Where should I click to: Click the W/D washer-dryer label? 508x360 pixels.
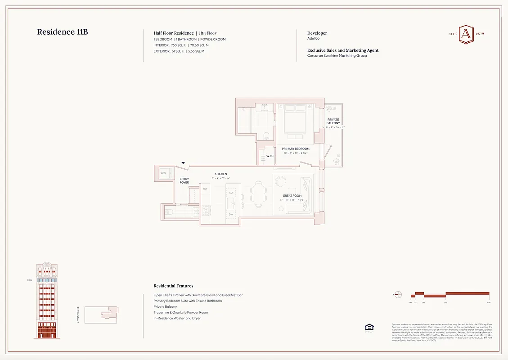tap(163, 173)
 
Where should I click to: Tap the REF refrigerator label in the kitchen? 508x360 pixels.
tap(205, 189)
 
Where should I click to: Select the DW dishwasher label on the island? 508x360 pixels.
tap(231, 215)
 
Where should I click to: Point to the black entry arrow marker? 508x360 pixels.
tap(183, 163)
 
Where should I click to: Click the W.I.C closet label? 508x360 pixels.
tap(270, 156)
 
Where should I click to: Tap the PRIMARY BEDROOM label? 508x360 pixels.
tap(296, 148)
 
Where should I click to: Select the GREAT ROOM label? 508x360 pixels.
tap(292, 196)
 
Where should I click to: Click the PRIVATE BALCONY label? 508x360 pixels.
tap(333, 121)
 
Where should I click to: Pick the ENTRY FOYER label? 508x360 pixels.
tap(184, 180)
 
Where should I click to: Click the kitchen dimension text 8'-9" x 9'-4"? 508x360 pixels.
tap(220, 178)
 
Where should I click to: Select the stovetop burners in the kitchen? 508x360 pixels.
tap(206, 210)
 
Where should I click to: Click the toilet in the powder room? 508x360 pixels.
tap(170, 211)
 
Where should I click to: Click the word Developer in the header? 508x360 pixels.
tap(317, 33)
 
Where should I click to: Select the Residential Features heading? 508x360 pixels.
tap(173, 286)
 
